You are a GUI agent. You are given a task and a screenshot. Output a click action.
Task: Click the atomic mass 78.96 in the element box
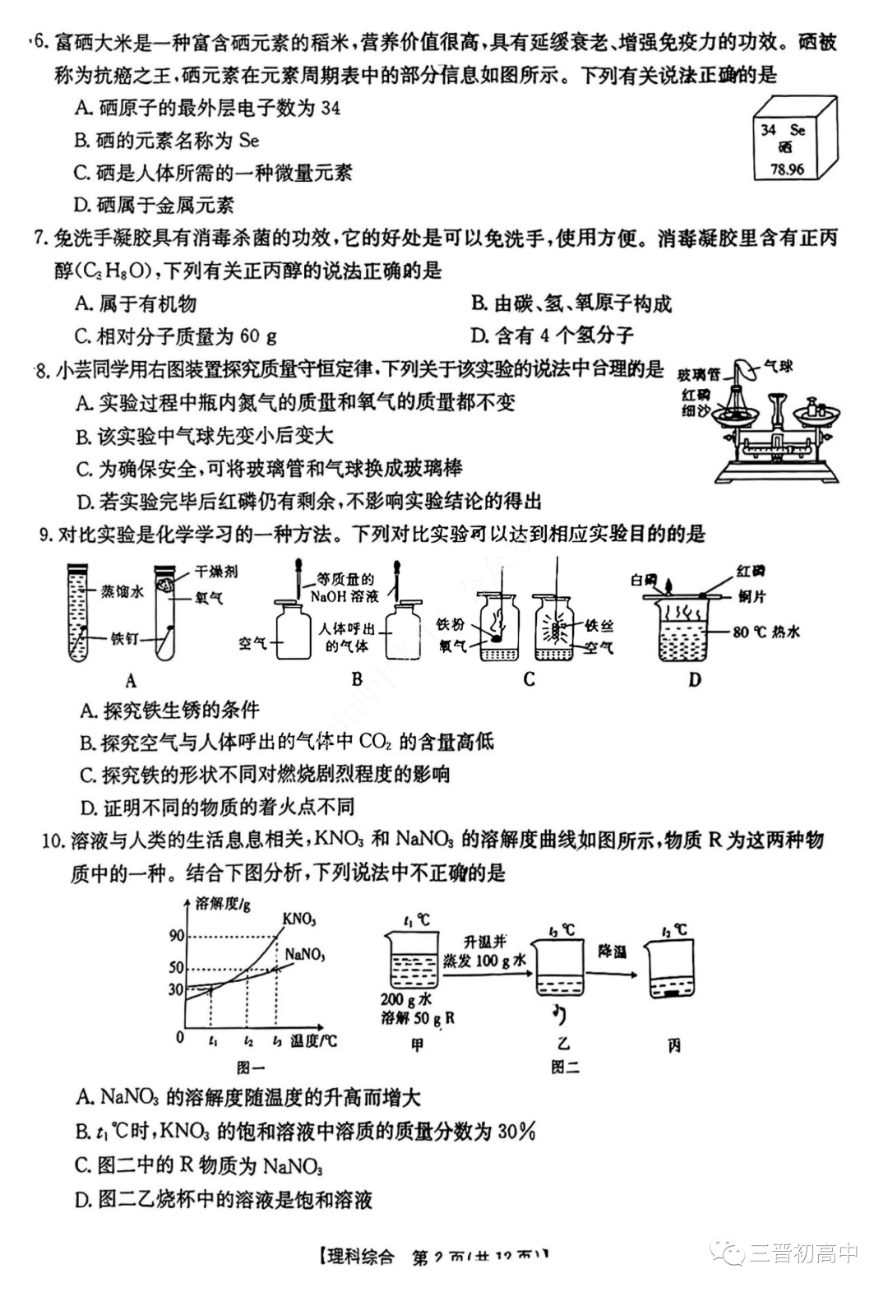[x=787, y=169]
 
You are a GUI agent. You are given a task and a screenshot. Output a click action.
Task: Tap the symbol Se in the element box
[x=797, y=130]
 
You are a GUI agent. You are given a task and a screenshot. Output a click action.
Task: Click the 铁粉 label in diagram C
[x=451, y=625]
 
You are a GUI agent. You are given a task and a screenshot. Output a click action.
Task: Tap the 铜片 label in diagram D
[x=751, y=596]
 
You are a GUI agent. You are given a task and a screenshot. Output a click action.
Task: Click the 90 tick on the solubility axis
[x=176, y=936]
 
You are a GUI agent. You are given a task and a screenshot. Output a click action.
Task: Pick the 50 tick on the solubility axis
[x=176, y=967]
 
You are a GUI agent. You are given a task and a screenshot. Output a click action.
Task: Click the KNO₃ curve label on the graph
[x=299, y=919]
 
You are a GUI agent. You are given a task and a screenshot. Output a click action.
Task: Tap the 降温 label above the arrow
[x=612, y=951]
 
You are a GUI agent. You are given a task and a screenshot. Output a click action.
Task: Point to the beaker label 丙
[x=674, y=1046]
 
